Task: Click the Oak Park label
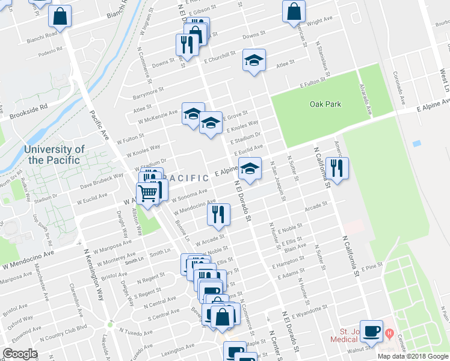(325, 104)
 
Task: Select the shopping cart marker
(147, 193)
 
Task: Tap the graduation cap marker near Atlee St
(254, 60)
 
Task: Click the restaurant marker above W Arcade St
(218, 215)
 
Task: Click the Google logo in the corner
(19, 354)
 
